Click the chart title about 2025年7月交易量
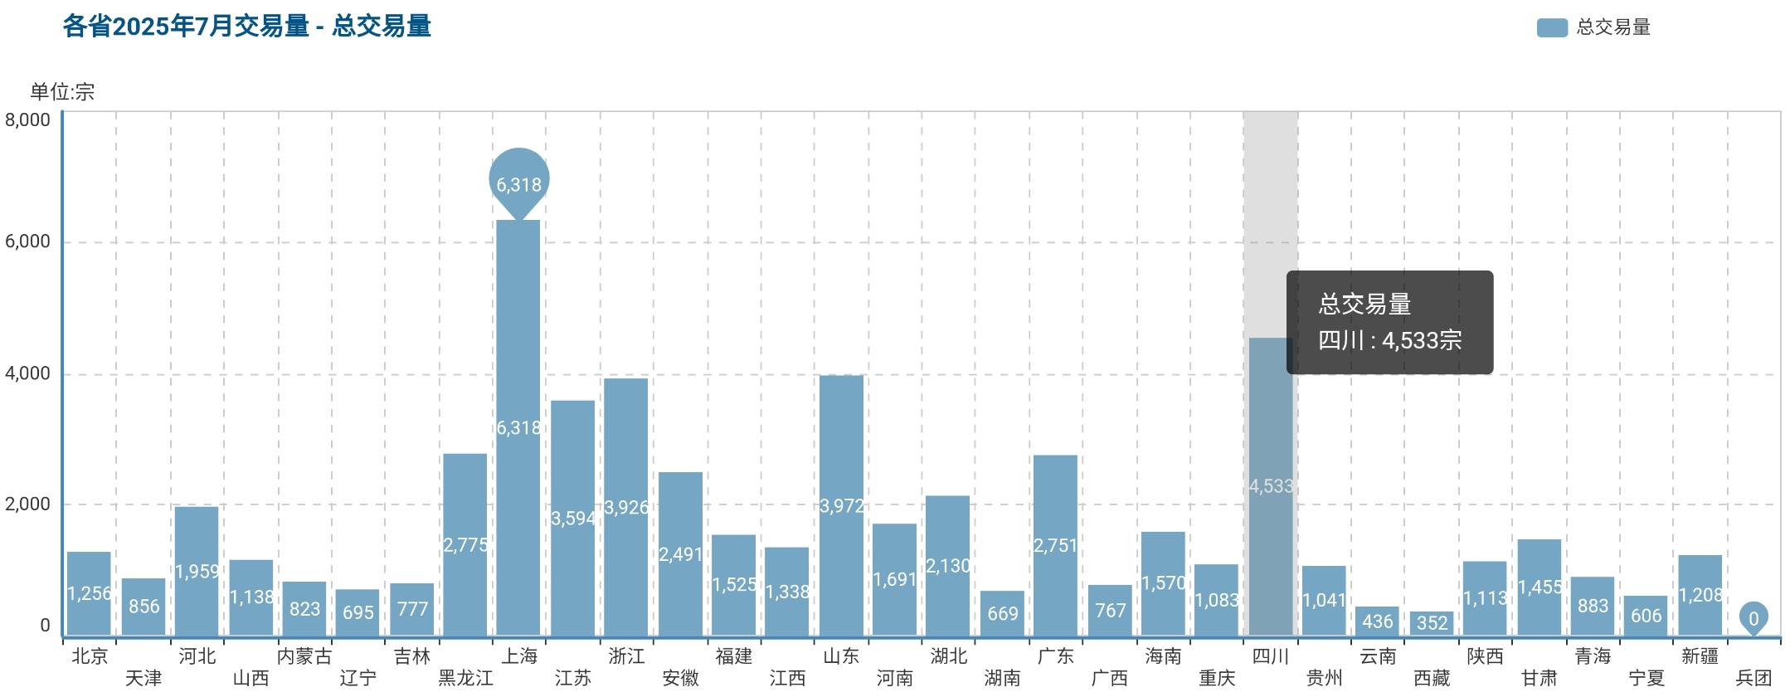[246, 27]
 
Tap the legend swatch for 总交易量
[1551, 27]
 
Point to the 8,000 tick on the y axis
[28, 119]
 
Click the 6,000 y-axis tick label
[28, 241]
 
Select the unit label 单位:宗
[63, 91]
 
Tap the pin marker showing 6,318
[519, 182]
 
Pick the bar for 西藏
[1432, 623]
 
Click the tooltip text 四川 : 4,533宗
[1389, 340]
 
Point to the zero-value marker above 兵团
[1754, 617]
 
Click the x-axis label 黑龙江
[465, 678]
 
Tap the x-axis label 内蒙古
[304, 656]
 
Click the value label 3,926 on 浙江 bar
[626, 507]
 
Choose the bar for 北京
[89, 593]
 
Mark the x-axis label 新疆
[1700, 656]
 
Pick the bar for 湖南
[1002, 613]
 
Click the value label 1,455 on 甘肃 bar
[1539, 587]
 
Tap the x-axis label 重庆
[1217, 678]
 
